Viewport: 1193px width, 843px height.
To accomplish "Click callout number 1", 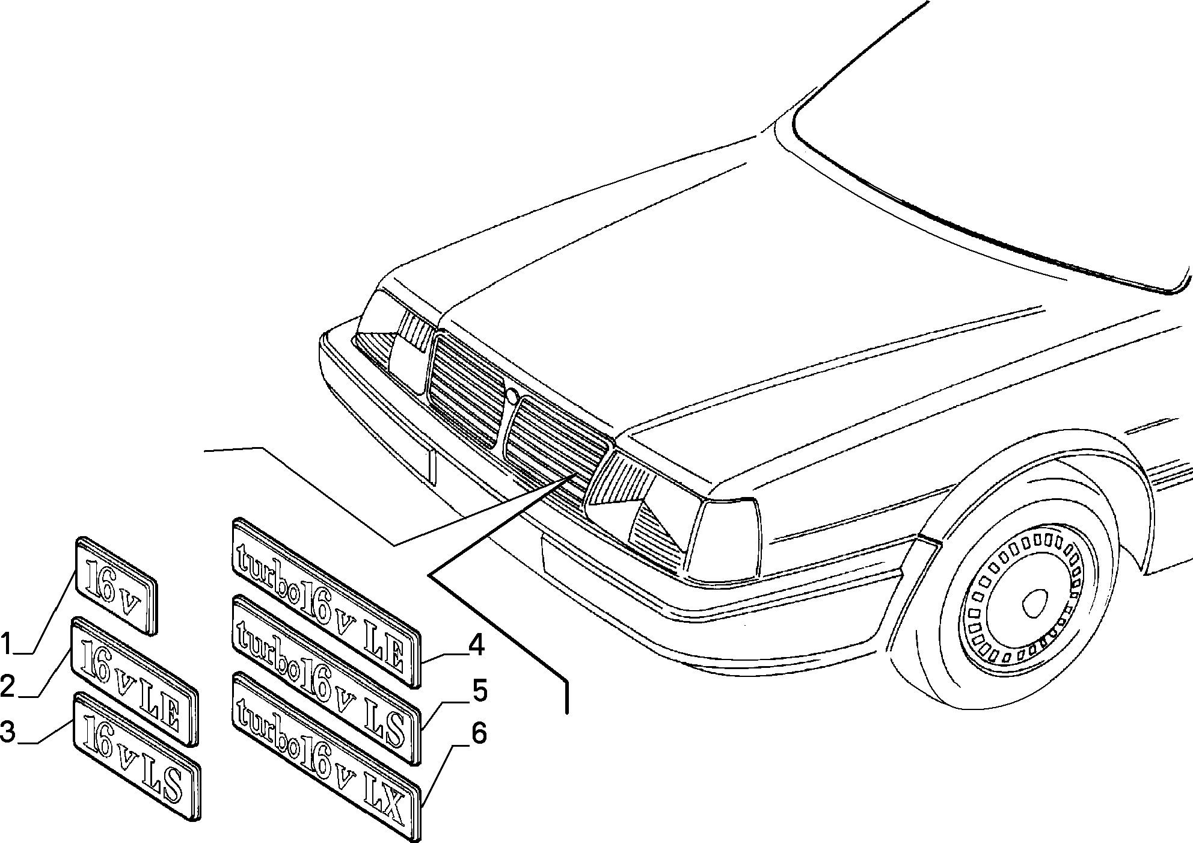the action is point(6,643).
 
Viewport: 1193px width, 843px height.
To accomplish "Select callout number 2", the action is point(7,687).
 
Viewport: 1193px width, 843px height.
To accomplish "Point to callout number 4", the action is point(476,646).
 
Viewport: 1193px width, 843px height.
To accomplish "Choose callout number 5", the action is point(479,692).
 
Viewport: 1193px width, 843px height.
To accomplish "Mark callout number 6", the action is point(479,733).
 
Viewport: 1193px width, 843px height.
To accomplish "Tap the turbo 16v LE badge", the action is point(326,602).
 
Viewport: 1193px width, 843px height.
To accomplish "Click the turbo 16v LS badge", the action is point(326,680).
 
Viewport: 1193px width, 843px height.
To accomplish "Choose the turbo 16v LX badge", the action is point(326,756).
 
